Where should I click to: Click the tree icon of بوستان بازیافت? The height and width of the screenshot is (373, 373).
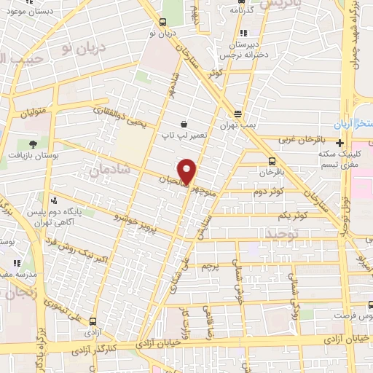(x=32, y=142)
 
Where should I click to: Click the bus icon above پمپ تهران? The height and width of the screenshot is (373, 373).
(x=237, y=113)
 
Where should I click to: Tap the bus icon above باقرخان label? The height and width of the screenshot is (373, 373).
(x=272, y=162)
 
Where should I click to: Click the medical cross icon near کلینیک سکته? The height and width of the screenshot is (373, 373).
(x=340, y=142)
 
